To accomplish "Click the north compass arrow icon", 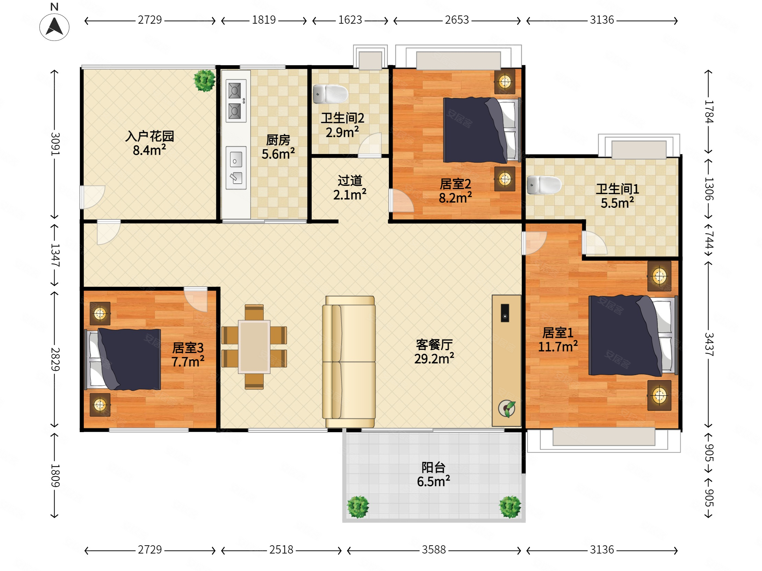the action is pos(55,27).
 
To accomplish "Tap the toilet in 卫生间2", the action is pos(330,94).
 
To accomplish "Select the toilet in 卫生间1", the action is pos(544,185).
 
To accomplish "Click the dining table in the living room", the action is pos(254,347).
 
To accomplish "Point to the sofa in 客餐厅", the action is pos(349,362).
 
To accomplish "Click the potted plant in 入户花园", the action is pos(205,81).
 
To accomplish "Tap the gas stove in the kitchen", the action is pos(236,101).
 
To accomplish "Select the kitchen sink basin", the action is pos(236,168).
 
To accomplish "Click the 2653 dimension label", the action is pos(457,20).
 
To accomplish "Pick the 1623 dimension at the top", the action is pos(350,20).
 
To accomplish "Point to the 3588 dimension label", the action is pos(434,550).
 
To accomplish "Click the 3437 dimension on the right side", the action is pos(708,344).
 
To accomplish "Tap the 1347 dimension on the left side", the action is pos(55,255).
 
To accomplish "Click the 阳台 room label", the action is pos(434,467).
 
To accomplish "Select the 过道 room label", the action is pos(350,181).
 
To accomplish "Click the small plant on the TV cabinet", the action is pos(507,409).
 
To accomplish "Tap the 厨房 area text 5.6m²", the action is pos(278,154).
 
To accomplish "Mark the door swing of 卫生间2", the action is pos(370,145).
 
